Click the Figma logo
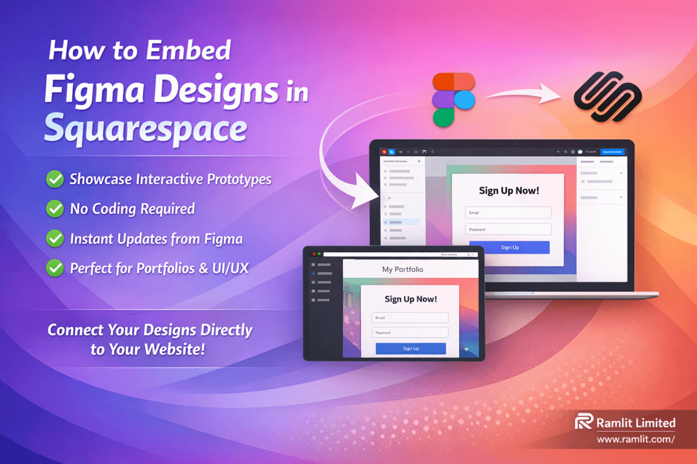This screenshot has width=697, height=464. pyautogui.click(x=453, y=100)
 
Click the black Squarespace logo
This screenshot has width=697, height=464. pyautogui.click(x=608, y=97)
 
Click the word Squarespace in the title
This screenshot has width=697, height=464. pyautogui.click(x=146, y=128)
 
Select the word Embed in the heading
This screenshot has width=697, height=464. pyautogui.click(x=189, y=50)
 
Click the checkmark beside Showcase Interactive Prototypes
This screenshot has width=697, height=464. pyautogui.click(x=55, y=179)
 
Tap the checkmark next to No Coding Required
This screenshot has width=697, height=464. pyautogui.click(x=55, y=209)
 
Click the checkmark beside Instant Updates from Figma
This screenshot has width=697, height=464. pyautogui.click(x=55, y=238)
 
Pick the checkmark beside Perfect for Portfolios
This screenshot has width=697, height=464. pyautogui.click(x=55, y=268)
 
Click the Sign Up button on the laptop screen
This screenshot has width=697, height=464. pyautogui.click(x=509, y=247)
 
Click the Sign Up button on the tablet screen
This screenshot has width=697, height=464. pyautogui.click(x=411, y=348)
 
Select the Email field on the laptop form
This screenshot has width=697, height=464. pyautogui.click(x=508, y=213)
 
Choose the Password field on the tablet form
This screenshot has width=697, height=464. pyautogui.click(x=410, y=333)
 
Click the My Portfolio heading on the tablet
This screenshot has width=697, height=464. pyautogui.click(x=402, y=269)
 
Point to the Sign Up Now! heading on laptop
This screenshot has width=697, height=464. pyautogui.click(x=509, y=191)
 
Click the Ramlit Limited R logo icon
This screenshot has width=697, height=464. pyautogui.click(x=584, y=421)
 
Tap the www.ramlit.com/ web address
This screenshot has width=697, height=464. pyautogui.click(x=635, y=439)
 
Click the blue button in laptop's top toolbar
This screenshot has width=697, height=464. pyautogui.click(x=612, y=152)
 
